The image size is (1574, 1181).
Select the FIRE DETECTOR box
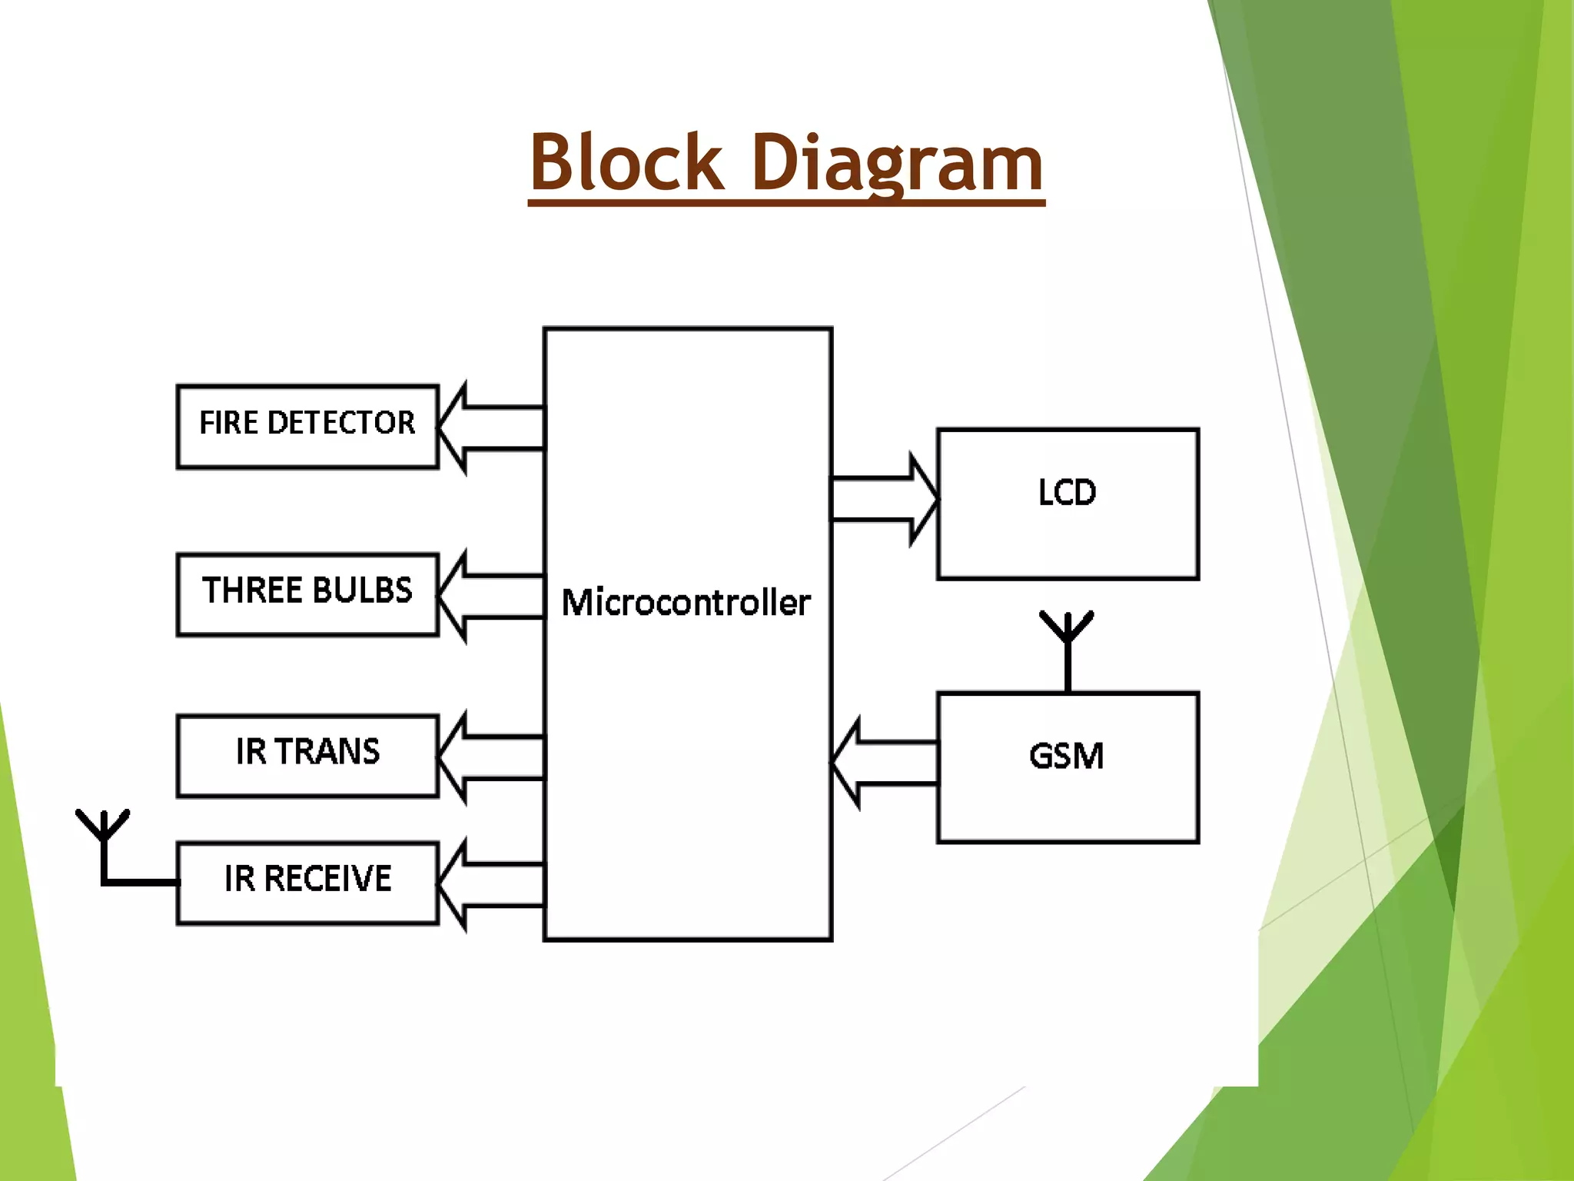coord(307,427)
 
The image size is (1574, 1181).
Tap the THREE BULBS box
coord(307,594)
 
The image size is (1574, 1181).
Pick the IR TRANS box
coord(307,756)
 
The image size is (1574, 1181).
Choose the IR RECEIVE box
coord(307,883)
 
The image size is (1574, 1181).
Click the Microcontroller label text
coord(686,602)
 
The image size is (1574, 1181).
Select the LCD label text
coord(1067,493)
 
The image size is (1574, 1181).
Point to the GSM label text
coord(1067,756)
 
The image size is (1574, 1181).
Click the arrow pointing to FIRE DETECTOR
coord(492,427)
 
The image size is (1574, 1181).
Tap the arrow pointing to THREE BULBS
coord(492,596)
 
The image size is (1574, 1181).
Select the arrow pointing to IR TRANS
coord(492,758)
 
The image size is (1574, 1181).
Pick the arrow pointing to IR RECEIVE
coord(492,886)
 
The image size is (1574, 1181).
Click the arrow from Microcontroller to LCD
coord(884,500)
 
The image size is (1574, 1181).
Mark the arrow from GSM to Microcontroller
coord(884,763)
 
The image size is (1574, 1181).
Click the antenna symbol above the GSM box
coord(1067,646)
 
